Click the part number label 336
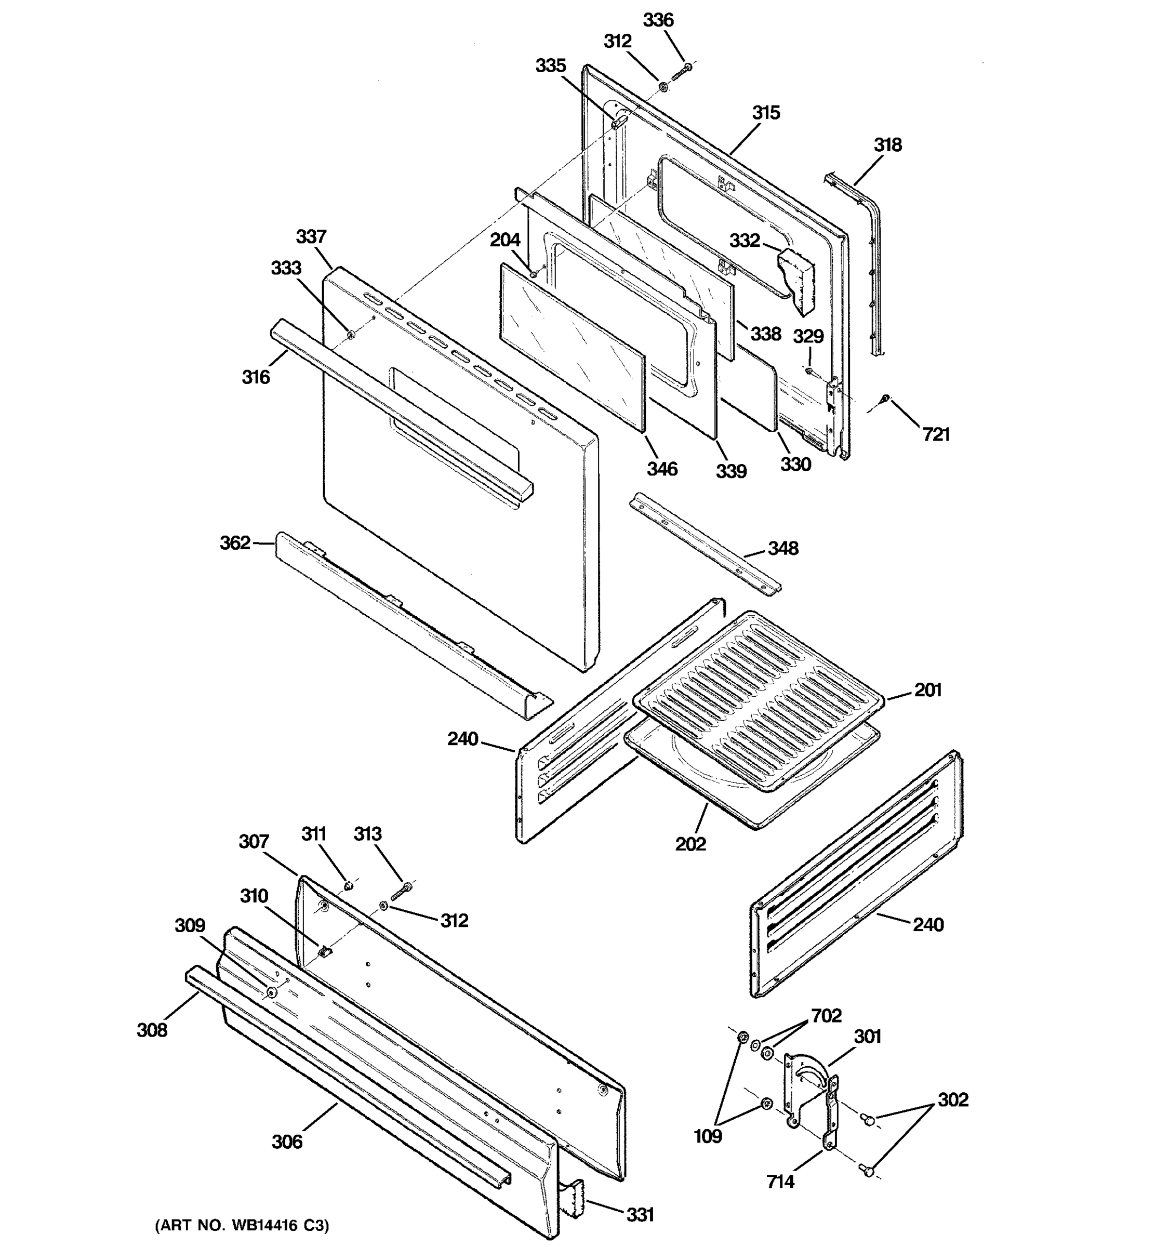coord(658,20)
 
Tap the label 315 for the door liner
coord(766,113)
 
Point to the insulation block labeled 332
coord(795,279)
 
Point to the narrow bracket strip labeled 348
coord(706,543)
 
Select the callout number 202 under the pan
coord(690,844)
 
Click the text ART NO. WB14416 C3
coord(242,1225)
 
